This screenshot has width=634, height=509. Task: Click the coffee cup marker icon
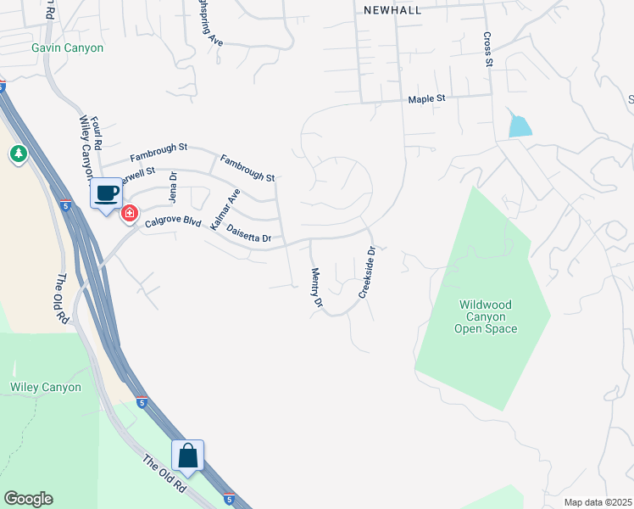pos(106,194)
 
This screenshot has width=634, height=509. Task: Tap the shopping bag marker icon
pos(187,456)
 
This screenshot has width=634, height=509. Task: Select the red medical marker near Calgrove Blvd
pos(130,213)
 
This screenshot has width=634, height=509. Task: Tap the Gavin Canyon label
pos(68,48)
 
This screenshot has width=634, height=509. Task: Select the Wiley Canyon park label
pos(46,388)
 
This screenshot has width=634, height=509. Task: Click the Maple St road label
pos(426,99)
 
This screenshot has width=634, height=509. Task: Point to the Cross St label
pos(488,49)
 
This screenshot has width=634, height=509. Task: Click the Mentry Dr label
pos(317,288)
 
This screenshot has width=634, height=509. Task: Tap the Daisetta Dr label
pos(248,239)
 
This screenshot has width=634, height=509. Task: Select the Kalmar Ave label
pos(225,210)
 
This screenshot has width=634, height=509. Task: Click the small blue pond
pos(520,126)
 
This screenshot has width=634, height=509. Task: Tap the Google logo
pos(28,499)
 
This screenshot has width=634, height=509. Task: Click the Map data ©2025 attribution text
pos(598,502)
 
